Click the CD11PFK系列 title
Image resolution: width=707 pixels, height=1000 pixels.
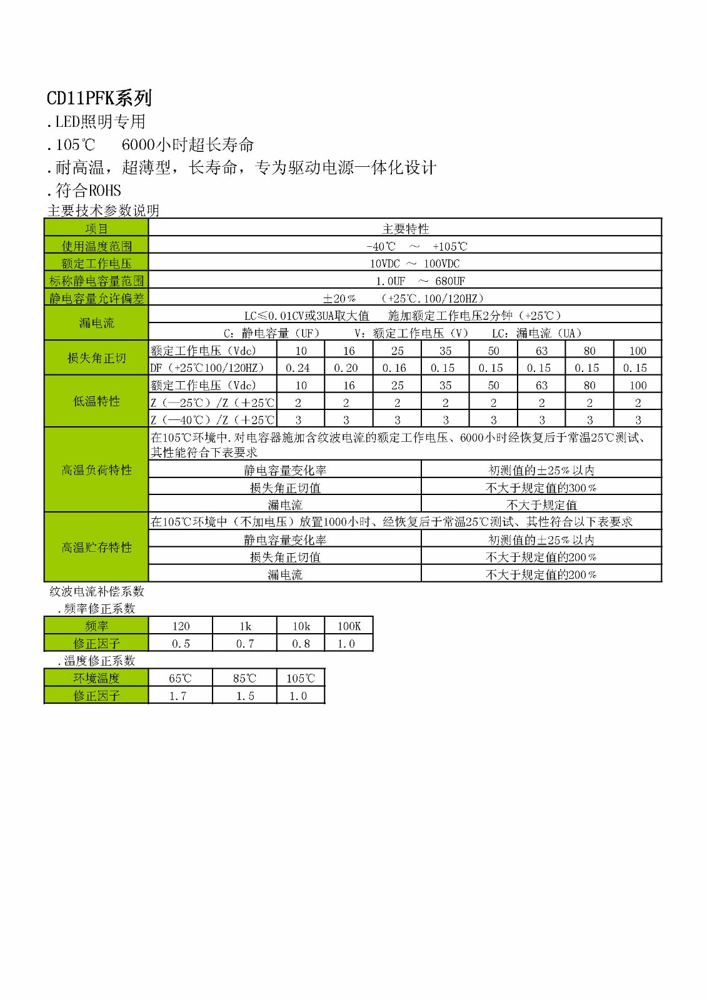99,98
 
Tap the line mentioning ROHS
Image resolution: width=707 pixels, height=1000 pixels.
84,191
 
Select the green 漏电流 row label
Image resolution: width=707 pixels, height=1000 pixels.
96,323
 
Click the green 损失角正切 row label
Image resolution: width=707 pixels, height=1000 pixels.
96,358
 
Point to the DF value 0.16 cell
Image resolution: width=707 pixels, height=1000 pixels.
397,368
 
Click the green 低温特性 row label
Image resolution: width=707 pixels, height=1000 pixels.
96,401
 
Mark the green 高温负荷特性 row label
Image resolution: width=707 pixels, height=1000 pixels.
96,470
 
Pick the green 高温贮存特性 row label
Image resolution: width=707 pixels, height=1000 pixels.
96,547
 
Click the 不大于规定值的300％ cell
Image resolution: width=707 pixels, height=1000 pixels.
541,487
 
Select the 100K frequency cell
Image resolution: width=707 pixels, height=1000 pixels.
349,626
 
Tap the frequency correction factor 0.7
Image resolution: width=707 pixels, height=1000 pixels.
244,644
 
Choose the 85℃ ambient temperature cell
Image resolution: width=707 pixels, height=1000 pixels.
244,678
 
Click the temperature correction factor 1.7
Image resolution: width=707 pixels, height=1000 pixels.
179,696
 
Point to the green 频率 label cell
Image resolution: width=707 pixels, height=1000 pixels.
96,626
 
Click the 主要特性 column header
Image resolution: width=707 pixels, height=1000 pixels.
405,229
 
